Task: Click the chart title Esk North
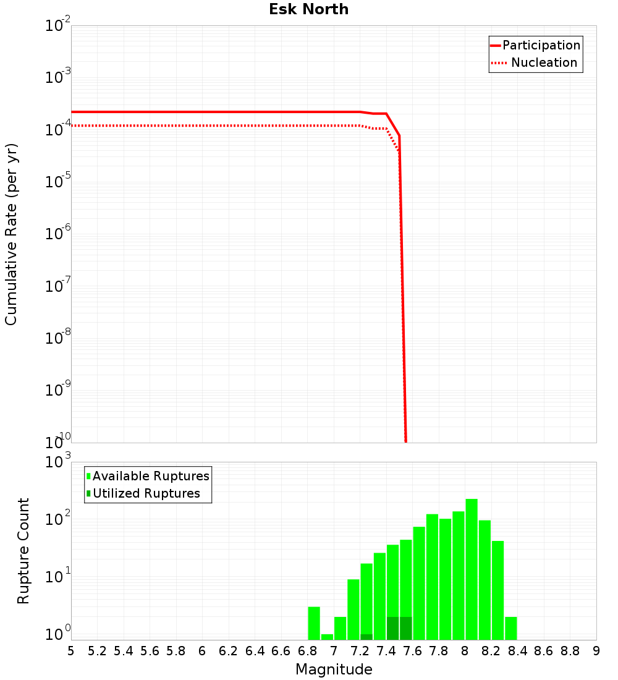[308, 10]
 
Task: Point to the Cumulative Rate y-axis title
[11, 234]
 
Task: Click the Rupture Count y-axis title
[23, 551]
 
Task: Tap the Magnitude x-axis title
[334, 669]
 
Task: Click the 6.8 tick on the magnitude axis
[307, 651]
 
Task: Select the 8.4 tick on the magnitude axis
[517, 651]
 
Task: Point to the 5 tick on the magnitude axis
[71, 651]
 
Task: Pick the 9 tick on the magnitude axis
[596, 651]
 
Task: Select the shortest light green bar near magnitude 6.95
[328, 637]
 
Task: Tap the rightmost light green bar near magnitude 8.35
[511, 628]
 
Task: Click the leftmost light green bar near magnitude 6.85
[314, 623]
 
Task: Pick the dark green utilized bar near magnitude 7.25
[366, 637]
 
